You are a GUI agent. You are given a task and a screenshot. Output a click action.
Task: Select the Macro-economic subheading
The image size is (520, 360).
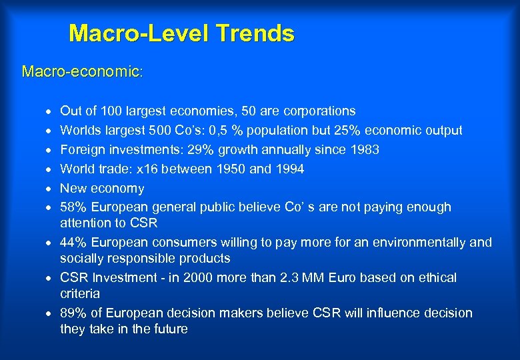[x=81, y=71]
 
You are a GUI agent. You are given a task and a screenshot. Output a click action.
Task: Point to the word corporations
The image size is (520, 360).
[x=315, y=111]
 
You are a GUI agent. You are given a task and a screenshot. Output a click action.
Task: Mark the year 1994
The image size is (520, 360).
[x=289, y=169]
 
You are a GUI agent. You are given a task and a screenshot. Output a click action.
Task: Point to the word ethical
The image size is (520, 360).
[x=437, y=277]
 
